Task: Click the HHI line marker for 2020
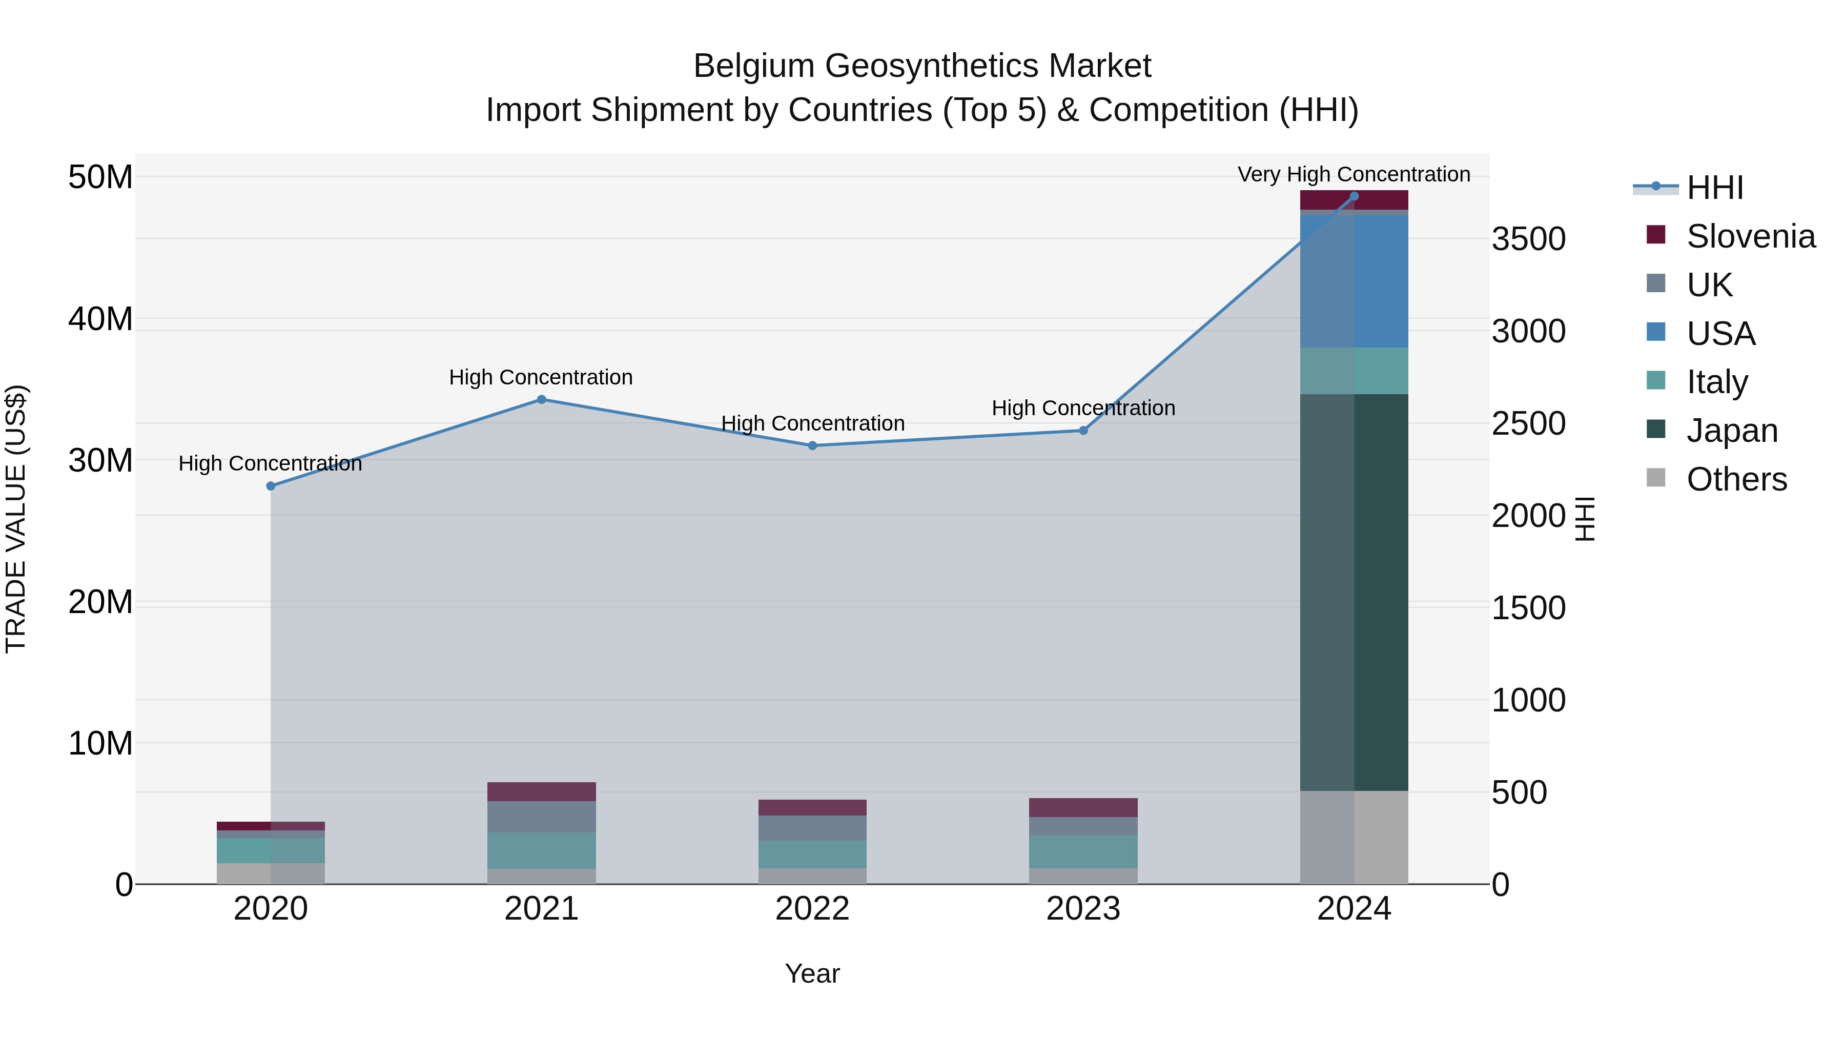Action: coord(271,486)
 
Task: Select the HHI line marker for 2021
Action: coord(542,400)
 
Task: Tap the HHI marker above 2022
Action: coord(812,445)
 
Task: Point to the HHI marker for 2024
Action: coord(1354,196)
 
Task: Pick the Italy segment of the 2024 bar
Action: coord(1354,371)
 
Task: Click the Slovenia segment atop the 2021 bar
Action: coord(542,791)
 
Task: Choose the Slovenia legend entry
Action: coord(1751,236)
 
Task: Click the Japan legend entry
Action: coord(1732,431)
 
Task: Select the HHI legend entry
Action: coord(1715,188)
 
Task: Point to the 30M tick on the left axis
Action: coord(100,460)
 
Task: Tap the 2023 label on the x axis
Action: coord(1083,909)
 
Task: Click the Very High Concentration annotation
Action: coord(1354,174)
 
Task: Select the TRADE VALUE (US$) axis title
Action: coord(16,519)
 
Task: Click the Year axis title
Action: coord(812,973)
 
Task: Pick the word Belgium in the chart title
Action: coord(753,66)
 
